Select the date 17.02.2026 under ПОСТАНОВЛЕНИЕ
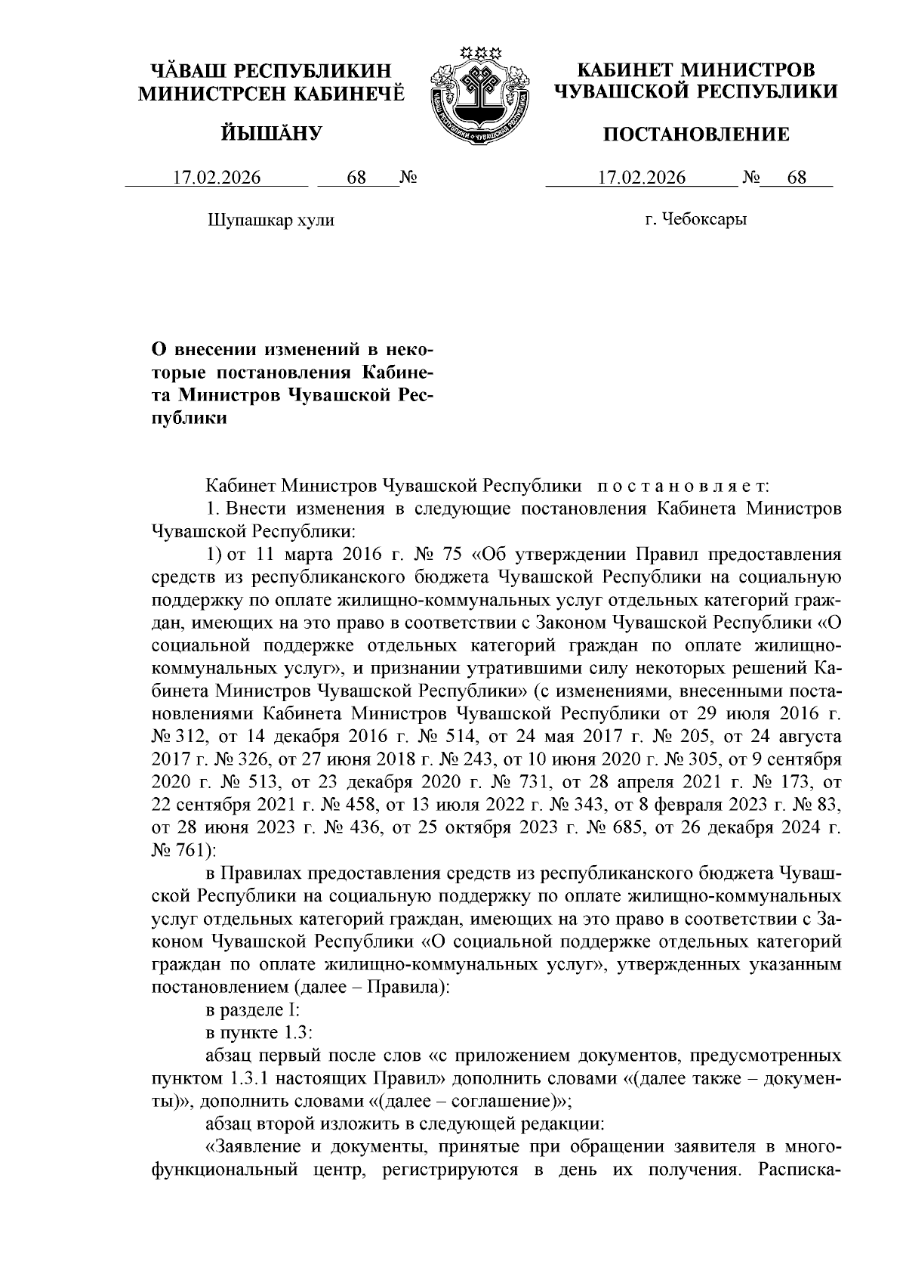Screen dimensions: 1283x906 point(642,178)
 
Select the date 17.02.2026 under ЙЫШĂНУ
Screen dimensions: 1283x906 point(217,178)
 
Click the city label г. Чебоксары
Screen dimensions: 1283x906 point(696,220)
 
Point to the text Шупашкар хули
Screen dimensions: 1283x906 point(270,220)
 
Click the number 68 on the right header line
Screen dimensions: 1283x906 point(797,178)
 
